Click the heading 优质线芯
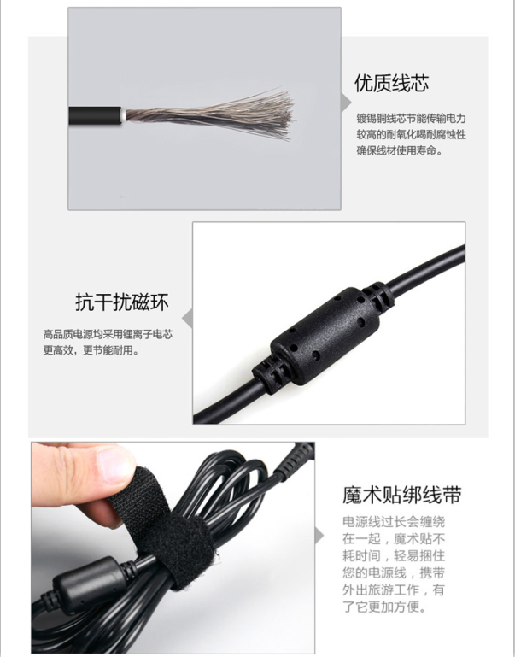[391, 83]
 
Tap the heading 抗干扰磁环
[122, 302]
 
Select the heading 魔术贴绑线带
[401, 495]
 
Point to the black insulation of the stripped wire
[95, 115]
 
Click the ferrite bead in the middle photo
[323, 336]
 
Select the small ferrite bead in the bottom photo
[85, 583]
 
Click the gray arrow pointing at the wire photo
[345, 102]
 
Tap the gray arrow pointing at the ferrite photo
[188, 319]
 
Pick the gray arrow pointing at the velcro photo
[319, 536]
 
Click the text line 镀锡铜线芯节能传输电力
[411, 119]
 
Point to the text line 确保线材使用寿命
[399, 150]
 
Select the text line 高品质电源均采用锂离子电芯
[108, 334]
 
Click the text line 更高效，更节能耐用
[91, 350]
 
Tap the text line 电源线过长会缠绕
[394, 522]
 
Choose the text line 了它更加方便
[384, 607]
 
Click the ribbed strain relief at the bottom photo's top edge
[293, 460]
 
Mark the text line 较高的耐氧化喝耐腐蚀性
[411, 134]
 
